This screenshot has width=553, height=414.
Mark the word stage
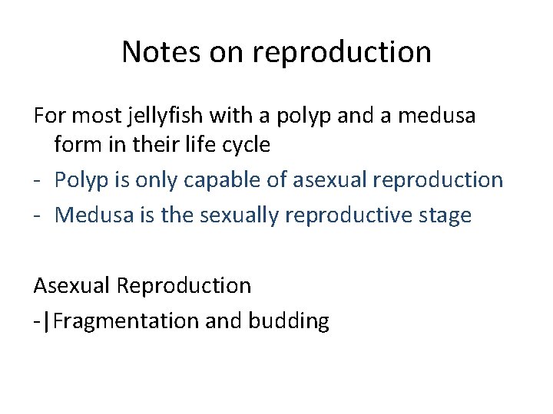point(445,215)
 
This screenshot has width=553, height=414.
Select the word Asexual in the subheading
point(71,286)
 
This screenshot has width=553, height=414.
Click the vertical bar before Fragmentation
point(48,320)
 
